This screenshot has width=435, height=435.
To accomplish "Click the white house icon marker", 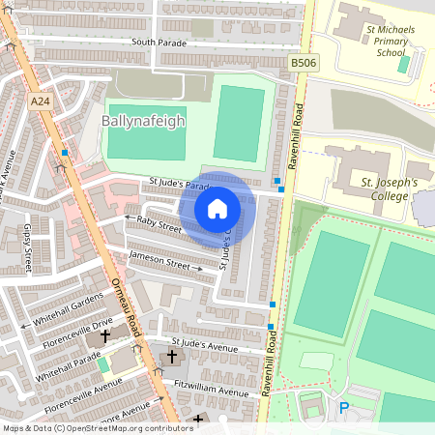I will point(217,209).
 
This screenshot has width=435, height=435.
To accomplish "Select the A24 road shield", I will point(41,101).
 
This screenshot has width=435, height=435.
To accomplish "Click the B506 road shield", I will point(303,63).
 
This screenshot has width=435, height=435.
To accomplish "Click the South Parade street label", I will point(158,42).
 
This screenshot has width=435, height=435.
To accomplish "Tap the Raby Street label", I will point(159,224).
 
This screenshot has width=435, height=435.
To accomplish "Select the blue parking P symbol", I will point(343,409).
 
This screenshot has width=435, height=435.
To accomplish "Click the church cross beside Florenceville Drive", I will point(104,339).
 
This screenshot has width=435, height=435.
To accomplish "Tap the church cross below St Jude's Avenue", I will point(172,358).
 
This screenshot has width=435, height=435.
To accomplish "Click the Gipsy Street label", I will point(27,246).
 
